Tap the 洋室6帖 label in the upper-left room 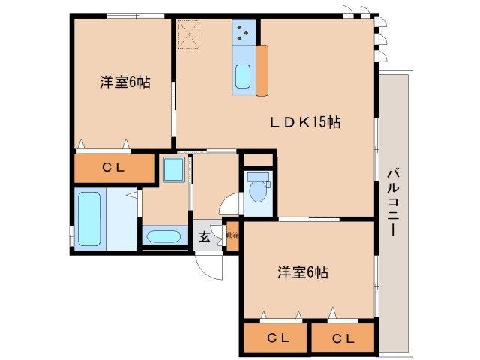[124, 82]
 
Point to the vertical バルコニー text [392, 203]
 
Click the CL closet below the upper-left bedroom [112, 168]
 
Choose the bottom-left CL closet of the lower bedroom [274, 337]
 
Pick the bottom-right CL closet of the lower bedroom [343, 337]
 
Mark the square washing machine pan [174, 170]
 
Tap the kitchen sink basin [244, 77]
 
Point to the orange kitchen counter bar [262, 70]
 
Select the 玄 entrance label [204, 237]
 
